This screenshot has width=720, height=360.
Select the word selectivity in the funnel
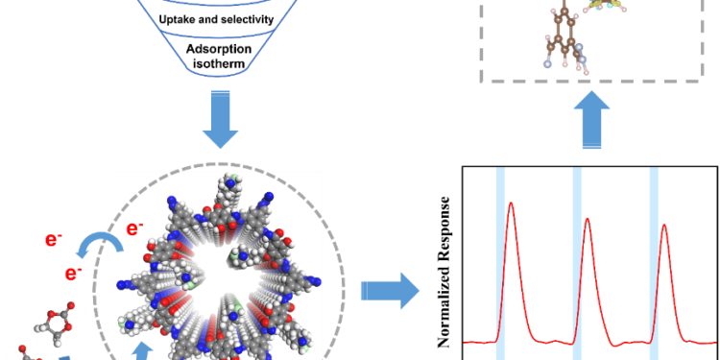pos(246,20)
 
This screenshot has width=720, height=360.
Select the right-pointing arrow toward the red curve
pos(389,288)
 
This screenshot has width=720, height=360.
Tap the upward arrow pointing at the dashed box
pos(589,124)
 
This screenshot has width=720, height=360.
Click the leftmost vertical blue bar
pos(500,259)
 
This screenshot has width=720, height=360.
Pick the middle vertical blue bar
pos(578,259)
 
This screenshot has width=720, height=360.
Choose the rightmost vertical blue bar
pos(654,259)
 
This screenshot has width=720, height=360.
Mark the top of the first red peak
pos(511,202)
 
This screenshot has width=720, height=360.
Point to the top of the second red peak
pos(588,218)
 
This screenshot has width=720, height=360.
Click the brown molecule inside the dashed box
pos(559,34)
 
